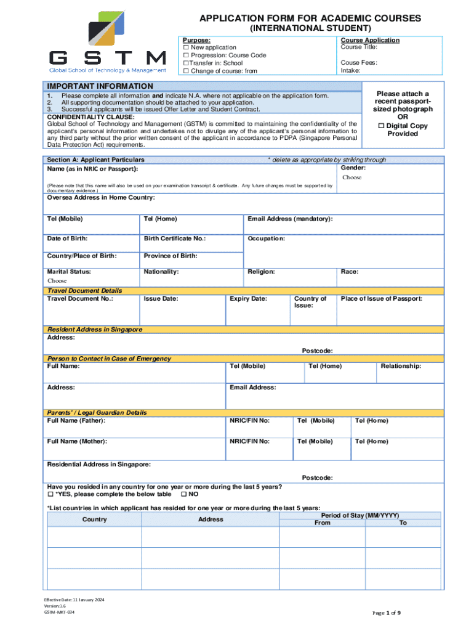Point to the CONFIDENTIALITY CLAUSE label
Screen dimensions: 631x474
(91, 116)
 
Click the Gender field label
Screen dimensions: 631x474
(353, 168)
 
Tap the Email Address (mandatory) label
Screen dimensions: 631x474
(290, 219)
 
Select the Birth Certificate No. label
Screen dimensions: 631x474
(175, 238)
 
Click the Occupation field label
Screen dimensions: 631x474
(266, 238)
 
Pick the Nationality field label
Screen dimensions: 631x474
(161, 271)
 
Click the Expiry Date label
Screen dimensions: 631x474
(248, 299)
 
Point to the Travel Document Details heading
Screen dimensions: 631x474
(85, 291)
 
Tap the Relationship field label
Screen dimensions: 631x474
(401, 366)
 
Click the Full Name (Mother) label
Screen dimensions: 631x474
(77, 441)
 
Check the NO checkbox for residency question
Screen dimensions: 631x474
(184, 495)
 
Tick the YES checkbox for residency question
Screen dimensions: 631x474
(51, 495)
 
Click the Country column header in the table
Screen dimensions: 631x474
(94, 519)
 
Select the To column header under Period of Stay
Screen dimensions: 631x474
(403, 523)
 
